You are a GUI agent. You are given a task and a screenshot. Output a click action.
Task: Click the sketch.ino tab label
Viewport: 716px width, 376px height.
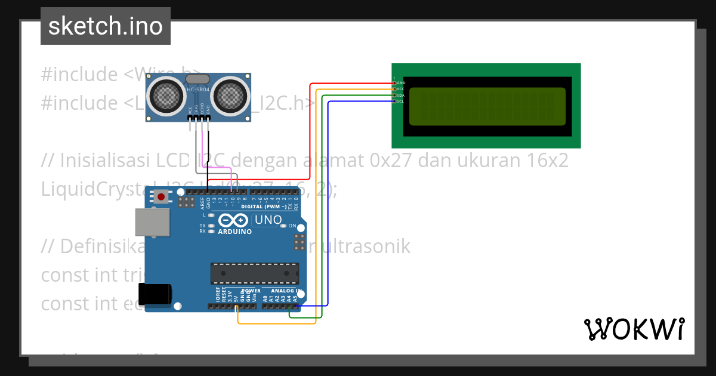click(106, 26)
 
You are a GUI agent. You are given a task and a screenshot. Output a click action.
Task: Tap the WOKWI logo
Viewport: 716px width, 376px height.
click(634, 329)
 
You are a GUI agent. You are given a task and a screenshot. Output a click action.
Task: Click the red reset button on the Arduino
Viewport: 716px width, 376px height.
click(161, 196)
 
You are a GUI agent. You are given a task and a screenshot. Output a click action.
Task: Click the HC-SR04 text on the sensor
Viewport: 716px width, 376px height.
click(198, 90)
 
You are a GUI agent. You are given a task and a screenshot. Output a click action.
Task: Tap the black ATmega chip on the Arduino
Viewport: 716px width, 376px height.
click(254, 273)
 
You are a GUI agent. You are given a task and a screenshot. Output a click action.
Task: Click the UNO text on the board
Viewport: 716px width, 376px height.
click(268, 220)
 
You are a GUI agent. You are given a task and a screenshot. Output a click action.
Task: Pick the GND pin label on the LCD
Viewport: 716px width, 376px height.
click(401, 82)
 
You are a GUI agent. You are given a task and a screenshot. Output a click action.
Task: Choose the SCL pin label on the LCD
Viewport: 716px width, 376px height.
click(401, 101)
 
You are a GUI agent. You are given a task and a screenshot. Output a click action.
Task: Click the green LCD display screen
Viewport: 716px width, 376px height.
click(487, 106)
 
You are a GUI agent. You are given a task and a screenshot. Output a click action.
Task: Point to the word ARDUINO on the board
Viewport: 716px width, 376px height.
click(234, 232)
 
